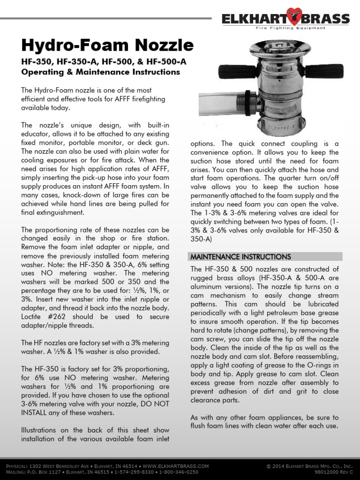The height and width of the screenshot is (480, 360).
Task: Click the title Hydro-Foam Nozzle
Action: point(107,45)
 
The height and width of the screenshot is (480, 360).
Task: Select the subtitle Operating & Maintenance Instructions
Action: point(101,72)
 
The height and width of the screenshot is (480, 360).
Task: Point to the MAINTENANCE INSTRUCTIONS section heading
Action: point(240,257)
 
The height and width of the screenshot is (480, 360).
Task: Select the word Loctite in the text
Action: point(34,316)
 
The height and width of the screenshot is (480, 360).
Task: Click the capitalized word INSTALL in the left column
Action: point(36,413)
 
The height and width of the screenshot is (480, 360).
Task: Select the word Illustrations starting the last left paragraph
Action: point(43,430)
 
